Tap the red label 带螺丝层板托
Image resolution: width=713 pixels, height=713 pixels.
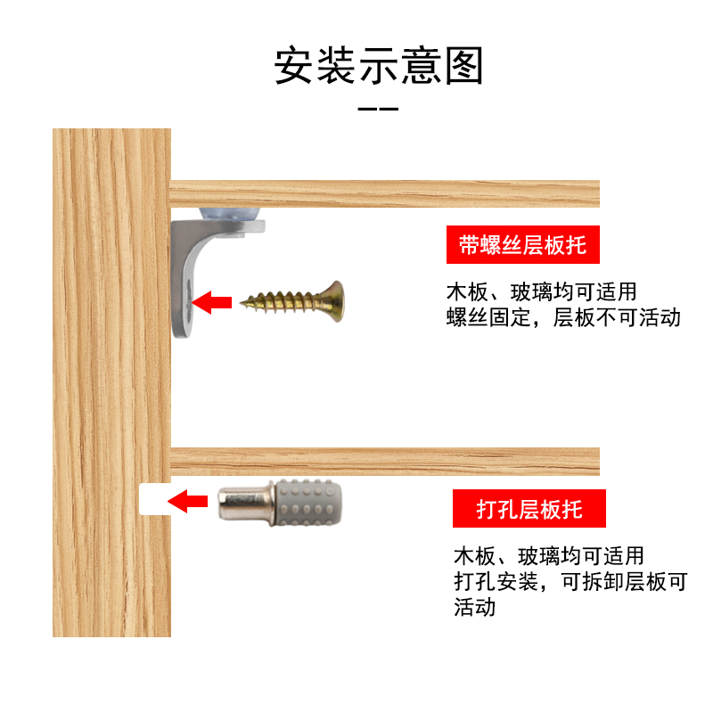[522, 244]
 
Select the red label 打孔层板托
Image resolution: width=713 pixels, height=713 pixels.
[529, 509]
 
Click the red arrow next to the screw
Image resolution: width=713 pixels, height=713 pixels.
[211, 302]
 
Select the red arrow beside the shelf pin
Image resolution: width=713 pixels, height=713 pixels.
[189, 502]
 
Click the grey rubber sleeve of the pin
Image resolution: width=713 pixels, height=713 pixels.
[311, 503]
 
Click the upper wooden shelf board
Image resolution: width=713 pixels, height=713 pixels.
[384, 193]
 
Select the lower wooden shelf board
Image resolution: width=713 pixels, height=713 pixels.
[384, 461]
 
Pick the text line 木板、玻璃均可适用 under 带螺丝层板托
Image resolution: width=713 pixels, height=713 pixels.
[542, 291]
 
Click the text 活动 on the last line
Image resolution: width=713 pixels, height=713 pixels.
[474, 608]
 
